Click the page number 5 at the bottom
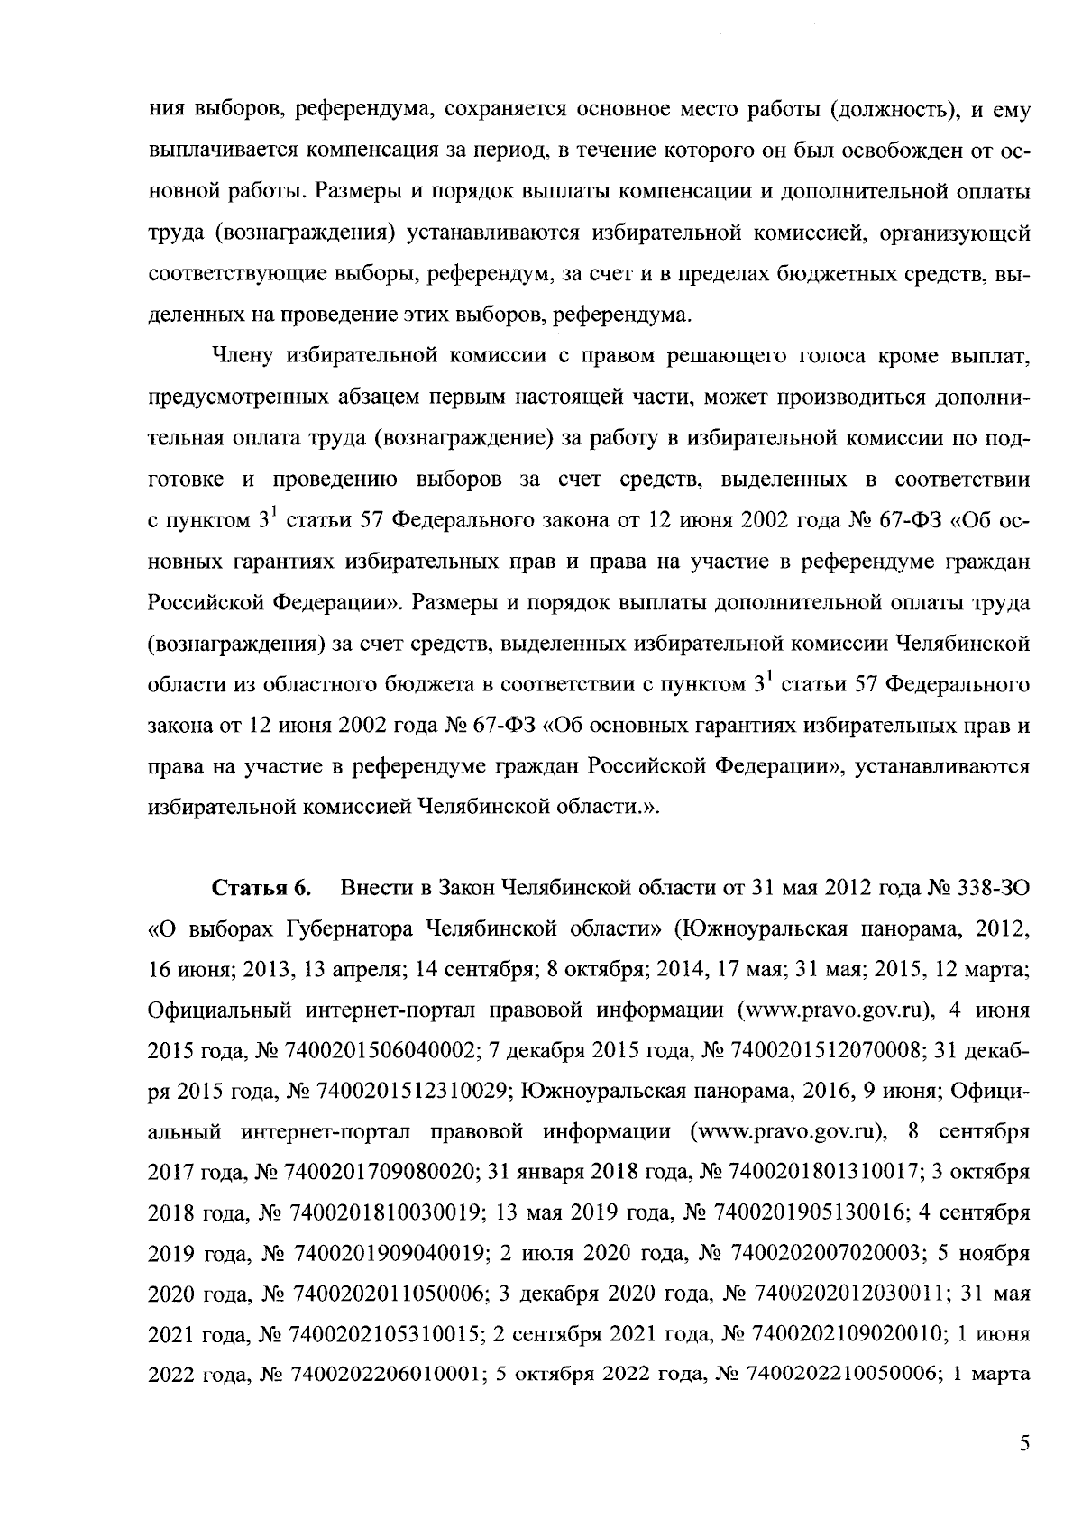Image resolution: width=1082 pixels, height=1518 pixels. (x=1023, y=1444)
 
